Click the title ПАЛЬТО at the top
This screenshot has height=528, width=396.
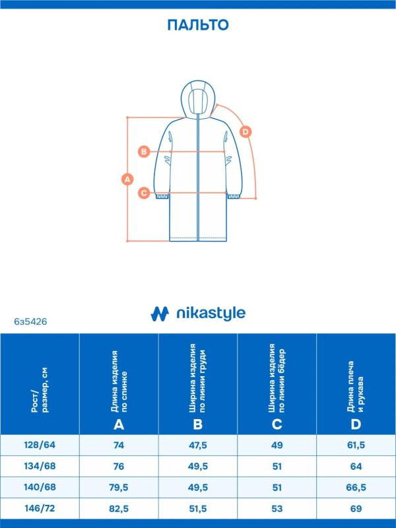pos(198,25)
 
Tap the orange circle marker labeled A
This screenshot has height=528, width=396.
pos(127,179)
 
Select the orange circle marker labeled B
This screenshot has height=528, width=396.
pos(144,151)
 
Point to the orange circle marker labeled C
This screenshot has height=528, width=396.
pos(144,193)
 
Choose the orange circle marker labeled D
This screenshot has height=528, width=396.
pos(246,131)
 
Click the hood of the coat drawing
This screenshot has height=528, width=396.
pos(197,98)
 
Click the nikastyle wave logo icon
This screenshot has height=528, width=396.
pos(160,313)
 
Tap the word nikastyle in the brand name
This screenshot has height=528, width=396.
pos(211,313)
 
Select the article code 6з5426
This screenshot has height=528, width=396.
pos(30,321)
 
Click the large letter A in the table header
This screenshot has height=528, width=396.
pos(119,424)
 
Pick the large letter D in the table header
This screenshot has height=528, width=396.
pos(356,424)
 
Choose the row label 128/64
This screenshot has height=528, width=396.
pos(40,445)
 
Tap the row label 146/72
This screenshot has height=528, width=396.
pos(40,508)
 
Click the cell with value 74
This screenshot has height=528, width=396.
pos(119,445)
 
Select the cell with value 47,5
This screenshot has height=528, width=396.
pos(198,445)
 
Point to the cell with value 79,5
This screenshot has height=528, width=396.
pos(119,487)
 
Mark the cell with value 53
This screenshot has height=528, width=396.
pos(277,508)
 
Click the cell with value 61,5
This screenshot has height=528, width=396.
pos(356,445)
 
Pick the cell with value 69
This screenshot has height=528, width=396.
pos(356,508)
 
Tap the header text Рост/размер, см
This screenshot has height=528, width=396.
pos(40,390)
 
